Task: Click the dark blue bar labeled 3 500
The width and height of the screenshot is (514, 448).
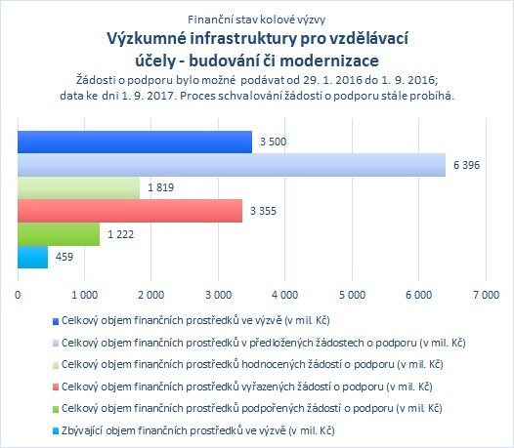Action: (x=135, y=142)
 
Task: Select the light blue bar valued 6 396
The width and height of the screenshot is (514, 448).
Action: (x=232, y=165)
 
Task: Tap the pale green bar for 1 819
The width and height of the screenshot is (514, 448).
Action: (x=79, y=188)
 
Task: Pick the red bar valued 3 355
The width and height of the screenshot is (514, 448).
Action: (x=130, y=211)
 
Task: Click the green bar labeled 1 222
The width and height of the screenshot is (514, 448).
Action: (x=59, y=234)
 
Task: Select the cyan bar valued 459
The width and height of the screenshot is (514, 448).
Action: (x=33, y=257)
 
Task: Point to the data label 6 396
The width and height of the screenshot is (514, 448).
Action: (x=466, y=165)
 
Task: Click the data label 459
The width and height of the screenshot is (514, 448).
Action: (x=64, y=257)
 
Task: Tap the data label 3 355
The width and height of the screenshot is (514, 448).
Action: (x=263, y=211)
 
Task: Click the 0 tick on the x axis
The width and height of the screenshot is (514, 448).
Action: (x=18, y=295)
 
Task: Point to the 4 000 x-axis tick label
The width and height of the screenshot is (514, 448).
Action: (x=285, y=295)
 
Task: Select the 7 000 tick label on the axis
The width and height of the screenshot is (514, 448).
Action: (x=486, y=295)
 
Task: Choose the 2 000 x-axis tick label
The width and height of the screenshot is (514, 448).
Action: (x=151, y=295)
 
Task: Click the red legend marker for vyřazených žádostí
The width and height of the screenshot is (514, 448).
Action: (x=56, y=387)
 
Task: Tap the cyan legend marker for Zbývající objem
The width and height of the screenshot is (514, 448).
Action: (x=56, y=431)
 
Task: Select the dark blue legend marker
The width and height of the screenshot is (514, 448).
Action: (x=56, y=321)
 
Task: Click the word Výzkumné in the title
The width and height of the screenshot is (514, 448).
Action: (x=147, y=39)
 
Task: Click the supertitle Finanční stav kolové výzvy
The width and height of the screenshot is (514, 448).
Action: (x=257, y=20)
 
